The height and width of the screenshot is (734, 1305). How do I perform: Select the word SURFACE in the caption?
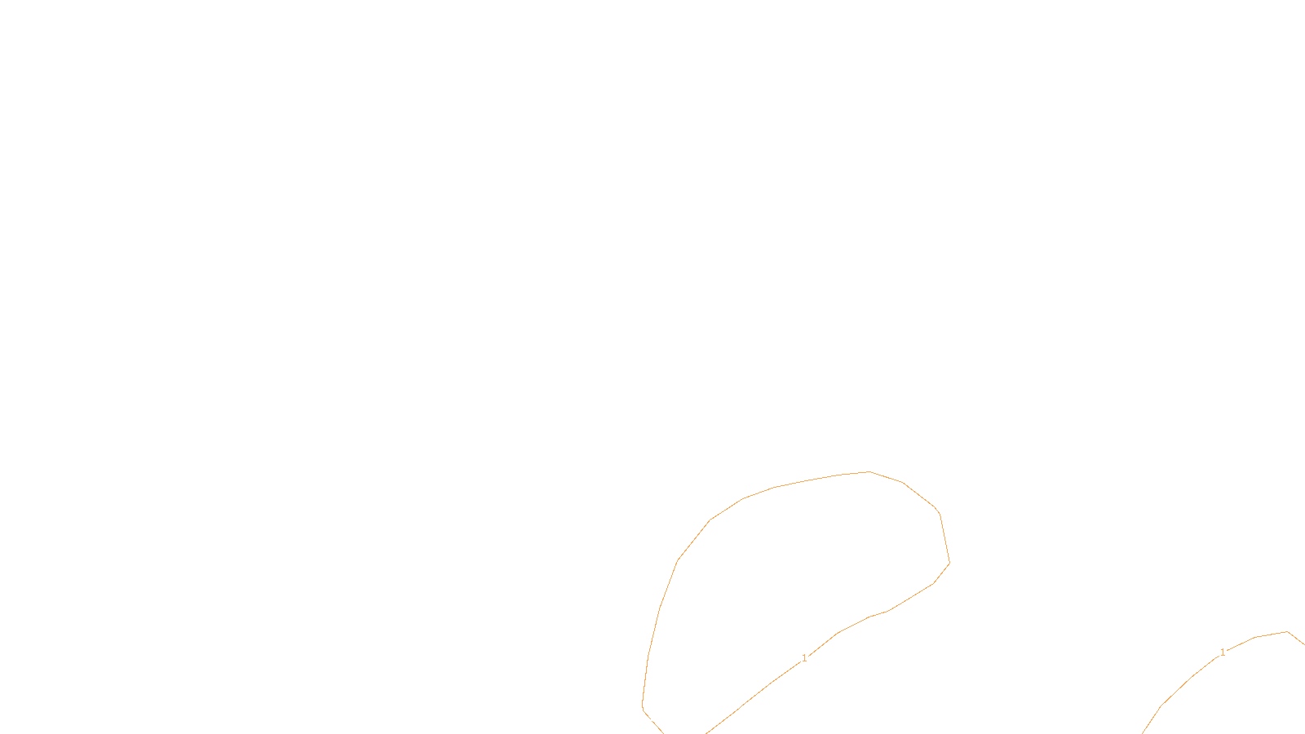652,721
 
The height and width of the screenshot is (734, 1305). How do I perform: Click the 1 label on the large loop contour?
804,658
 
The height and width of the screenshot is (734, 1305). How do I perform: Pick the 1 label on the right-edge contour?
1222,652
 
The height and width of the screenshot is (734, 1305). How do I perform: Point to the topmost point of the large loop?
869,471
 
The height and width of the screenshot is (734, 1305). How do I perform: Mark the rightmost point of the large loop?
949,563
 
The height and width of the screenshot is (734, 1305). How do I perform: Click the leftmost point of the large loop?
643,706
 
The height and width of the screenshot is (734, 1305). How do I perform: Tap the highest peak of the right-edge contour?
1287,631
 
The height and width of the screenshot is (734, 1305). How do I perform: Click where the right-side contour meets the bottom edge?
1144,732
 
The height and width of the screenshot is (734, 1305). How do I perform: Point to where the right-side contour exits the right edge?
1303,644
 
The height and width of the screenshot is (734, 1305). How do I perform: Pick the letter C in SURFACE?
664,721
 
